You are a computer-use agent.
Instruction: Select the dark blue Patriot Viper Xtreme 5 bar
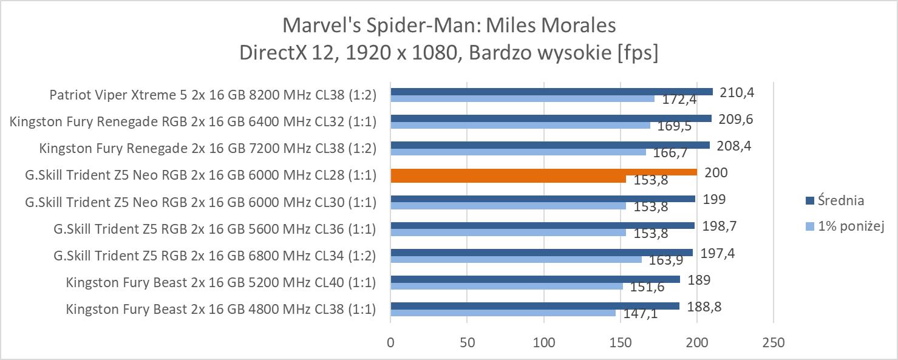point(551,92)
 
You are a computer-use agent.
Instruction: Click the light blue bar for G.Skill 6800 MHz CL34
point(515,259)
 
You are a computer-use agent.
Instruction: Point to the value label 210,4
point(737,92)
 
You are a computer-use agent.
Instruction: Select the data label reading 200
point(716,173)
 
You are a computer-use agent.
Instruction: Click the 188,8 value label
point(704,307)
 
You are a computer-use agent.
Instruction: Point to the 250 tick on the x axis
point(773,343)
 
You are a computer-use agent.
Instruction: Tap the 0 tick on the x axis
point(391,343)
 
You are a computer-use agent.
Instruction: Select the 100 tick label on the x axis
point(544,343)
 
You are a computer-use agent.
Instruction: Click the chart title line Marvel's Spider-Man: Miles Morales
point(449,25)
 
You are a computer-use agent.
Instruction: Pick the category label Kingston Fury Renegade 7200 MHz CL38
point(208,148)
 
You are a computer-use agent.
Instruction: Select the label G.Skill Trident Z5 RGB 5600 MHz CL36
point(214,229)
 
